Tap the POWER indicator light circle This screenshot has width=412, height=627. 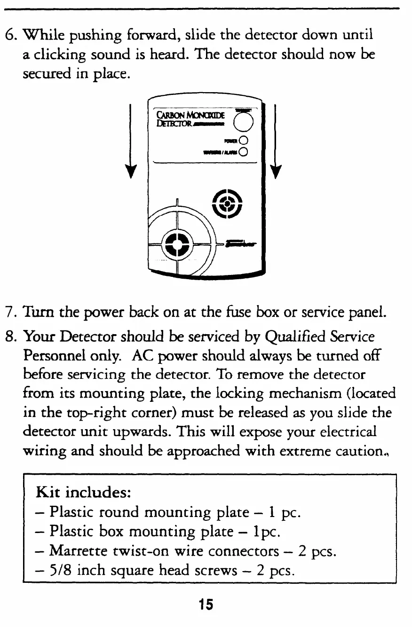coord(243,140)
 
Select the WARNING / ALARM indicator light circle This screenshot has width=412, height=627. coord(243,151)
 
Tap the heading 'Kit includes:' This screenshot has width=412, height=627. coord(83,493)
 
